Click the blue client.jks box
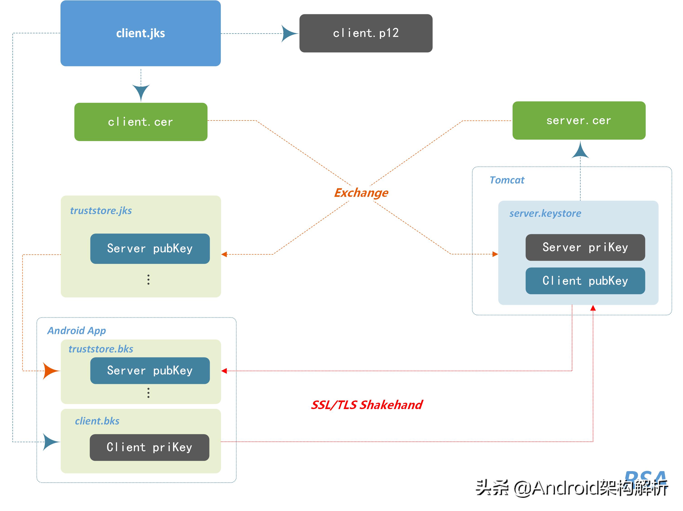coord(140,33)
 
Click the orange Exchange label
coord(361,193)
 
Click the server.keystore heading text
coord(545,213)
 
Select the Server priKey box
coord(585,247)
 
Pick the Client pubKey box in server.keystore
coord(585,281)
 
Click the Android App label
coord(76,331)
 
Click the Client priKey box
coord(149,447)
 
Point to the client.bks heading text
coord(97,421)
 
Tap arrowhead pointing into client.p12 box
coord(289,33)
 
